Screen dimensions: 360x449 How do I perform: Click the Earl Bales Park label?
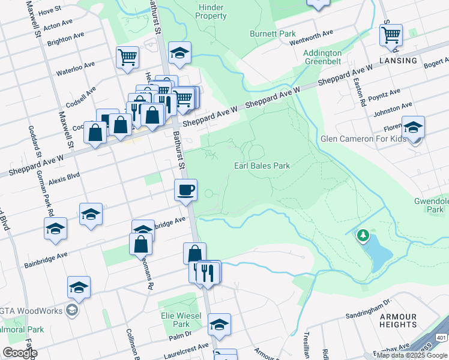[x=262, y=166]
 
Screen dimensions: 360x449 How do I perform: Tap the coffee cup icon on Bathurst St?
[x=185, y=190]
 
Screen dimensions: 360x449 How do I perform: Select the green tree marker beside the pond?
[x=363, y=236]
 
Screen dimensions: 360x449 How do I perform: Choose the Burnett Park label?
[x=273, y=34]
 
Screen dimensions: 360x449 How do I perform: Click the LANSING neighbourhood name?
[x=398, y=61]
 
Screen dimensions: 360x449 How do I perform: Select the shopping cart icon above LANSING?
[x=391, y=35]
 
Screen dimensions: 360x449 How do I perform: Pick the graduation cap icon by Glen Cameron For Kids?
[x=413, y=127]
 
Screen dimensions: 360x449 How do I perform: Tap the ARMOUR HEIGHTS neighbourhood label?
[x=398, y=320]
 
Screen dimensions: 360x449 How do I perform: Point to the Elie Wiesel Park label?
[x=175, y=319]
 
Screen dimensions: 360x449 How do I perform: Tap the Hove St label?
[x=50, y=11]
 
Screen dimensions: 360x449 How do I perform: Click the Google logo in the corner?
[x=20, y=353]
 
